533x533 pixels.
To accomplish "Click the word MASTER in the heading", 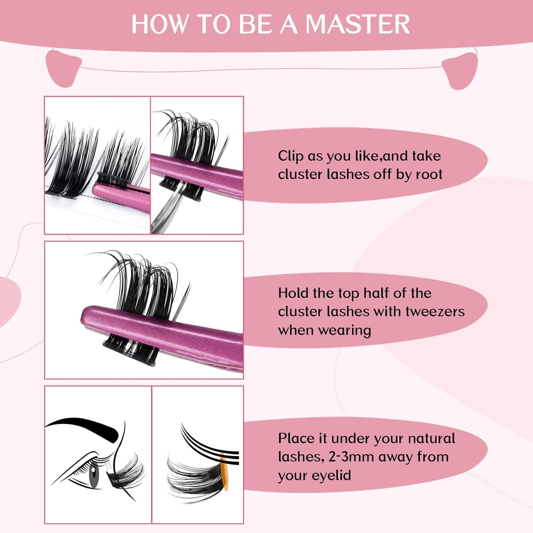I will point(358,24).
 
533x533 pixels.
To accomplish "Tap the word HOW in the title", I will point(159,24).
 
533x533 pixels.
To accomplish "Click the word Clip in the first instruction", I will point(291,156).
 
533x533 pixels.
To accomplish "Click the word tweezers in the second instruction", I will point(435,312).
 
